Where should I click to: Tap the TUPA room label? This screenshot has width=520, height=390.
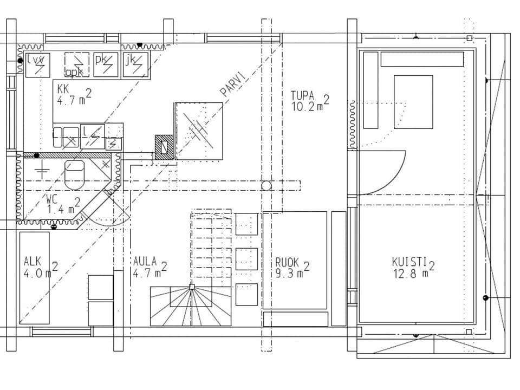(302, 96)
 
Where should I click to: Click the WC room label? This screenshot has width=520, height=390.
(53, 199)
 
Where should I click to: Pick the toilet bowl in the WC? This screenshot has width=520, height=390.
(74, 172)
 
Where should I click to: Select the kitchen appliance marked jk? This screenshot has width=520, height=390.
(135, 63)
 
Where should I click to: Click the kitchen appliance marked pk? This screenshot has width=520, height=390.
(105, 63)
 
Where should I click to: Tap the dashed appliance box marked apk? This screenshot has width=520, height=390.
(76, 65)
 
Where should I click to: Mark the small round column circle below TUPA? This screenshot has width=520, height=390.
(266, 186)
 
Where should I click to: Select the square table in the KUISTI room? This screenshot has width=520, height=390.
(413, 102)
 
